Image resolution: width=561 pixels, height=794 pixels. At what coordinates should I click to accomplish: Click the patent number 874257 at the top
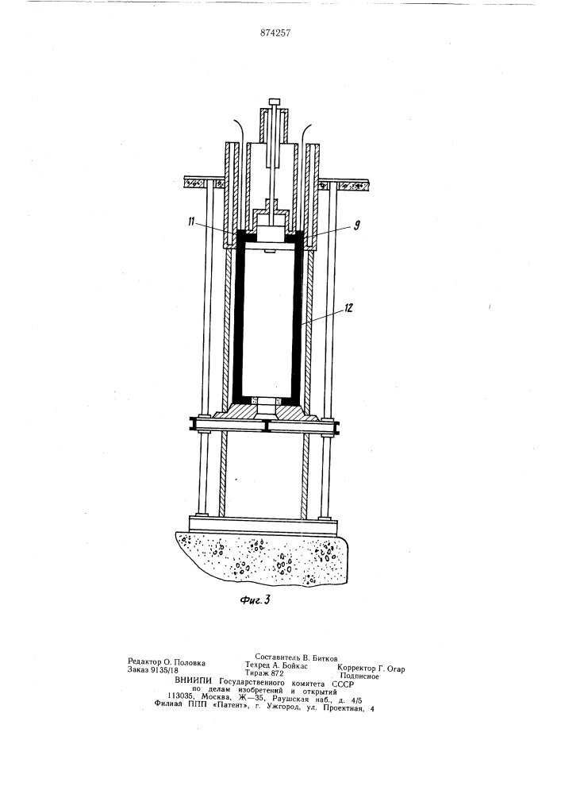pos(275,33)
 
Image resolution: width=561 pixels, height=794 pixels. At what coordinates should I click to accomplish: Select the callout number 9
pos(356,225)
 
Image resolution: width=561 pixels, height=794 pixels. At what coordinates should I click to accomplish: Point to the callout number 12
pos(348,308)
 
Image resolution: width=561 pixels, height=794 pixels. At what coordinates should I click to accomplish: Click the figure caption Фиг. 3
pos(255,600)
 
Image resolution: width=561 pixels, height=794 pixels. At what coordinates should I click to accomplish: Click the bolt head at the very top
pos(275,101)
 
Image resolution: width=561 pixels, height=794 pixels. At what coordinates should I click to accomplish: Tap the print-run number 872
pos(277,673)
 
